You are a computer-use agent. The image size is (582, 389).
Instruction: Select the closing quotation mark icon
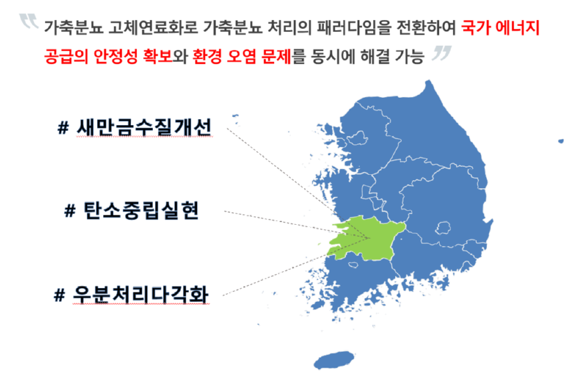point(440,53)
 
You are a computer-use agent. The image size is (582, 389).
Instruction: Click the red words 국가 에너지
point(500,28)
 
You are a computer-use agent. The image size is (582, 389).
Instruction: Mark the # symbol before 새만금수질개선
point(64,127)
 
